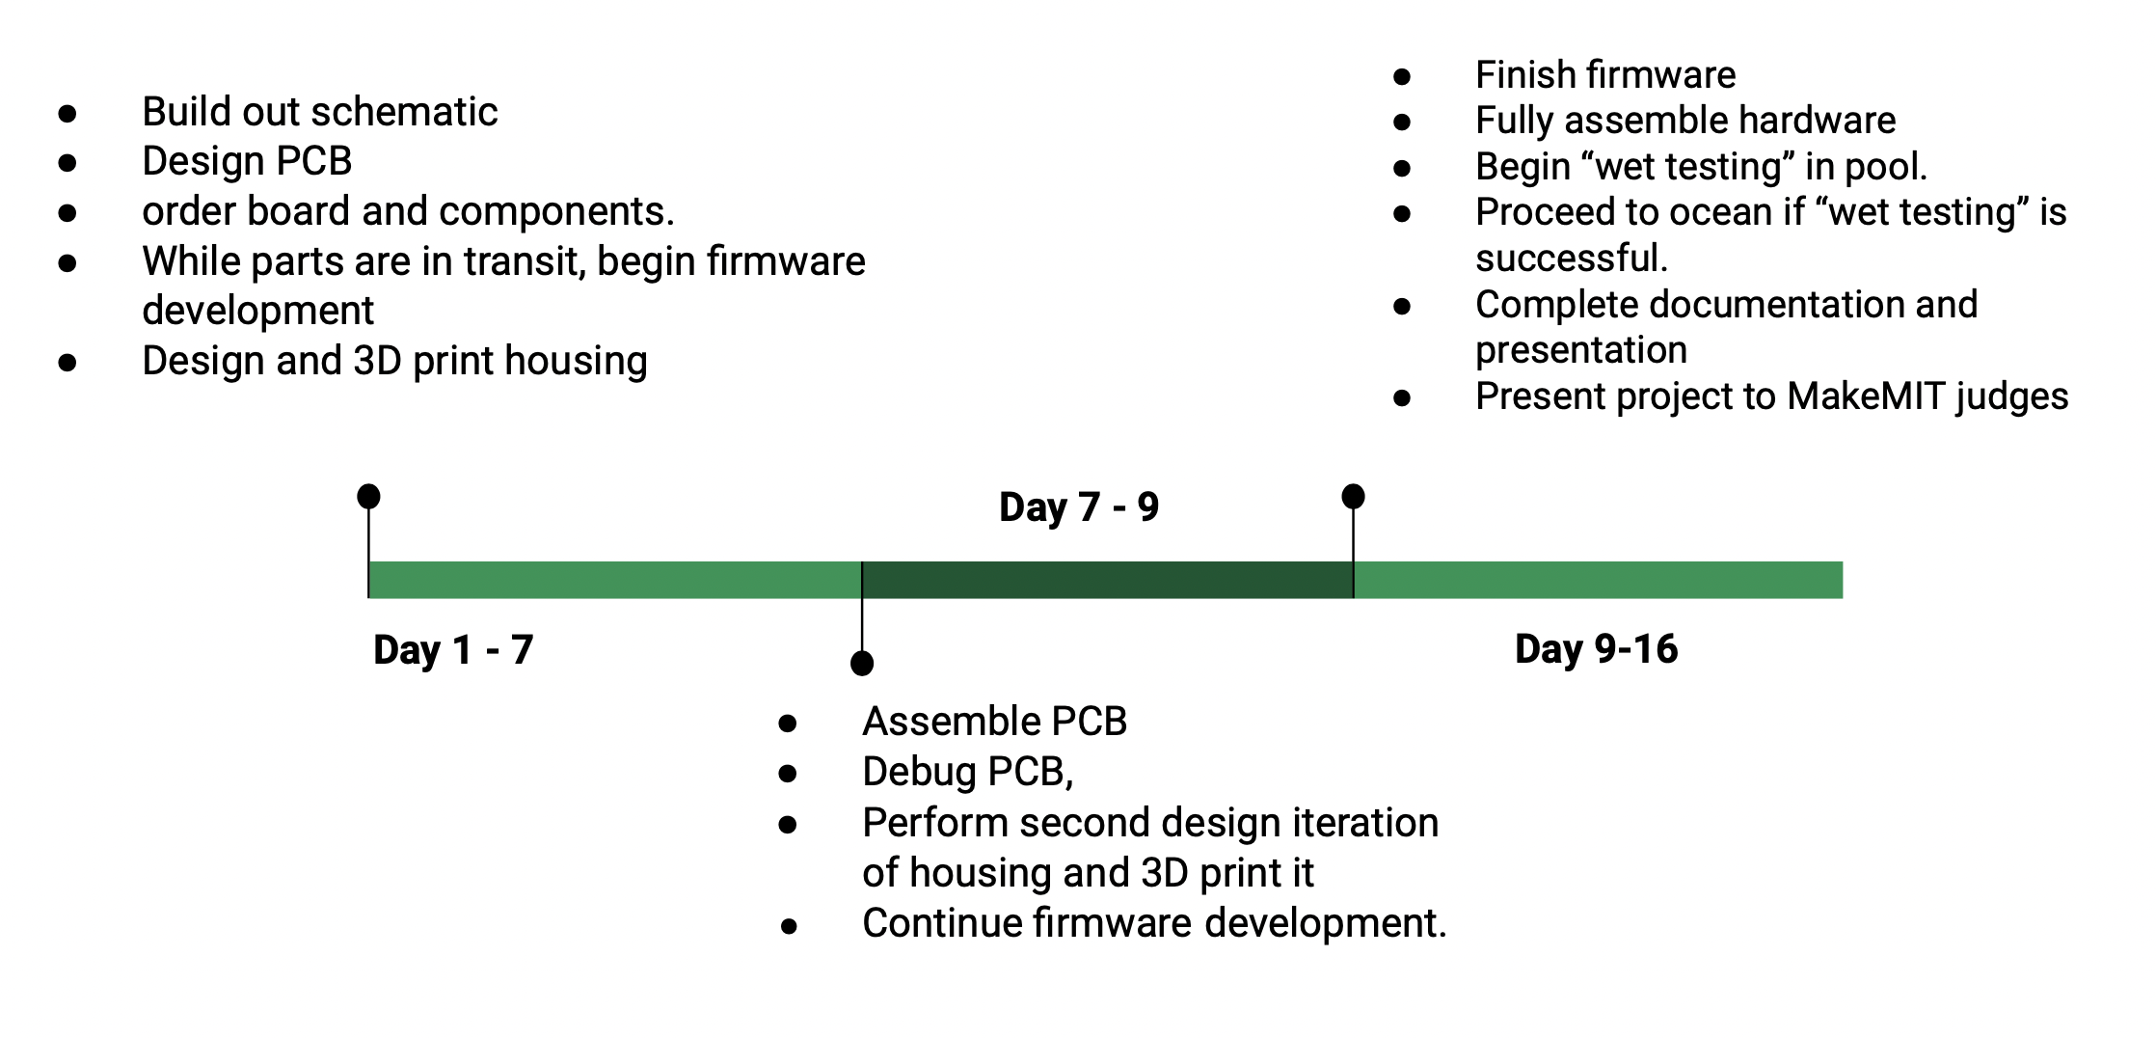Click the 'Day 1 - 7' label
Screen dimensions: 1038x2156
point(452,649)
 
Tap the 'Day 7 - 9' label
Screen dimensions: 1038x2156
point(1078,506)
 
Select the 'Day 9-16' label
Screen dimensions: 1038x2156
point(1596,648)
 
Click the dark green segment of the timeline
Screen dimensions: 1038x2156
point(1107,580)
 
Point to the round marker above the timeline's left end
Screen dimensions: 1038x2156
point(368,497)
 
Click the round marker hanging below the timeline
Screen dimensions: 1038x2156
point(862,664)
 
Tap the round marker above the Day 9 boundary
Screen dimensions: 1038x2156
point(1353,497)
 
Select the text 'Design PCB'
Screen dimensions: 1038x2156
point(247,161)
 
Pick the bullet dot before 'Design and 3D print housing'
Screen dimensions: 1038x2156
point(67,363)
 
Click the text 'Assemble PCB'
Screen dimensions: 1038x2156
point(994,722)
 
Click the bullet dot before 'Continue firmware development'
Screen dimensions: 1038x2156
point(789,927)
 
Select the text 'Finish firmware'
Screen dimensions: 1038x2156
point(1604,74)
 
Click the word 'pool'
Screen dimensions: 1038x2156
point(1880,167)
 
